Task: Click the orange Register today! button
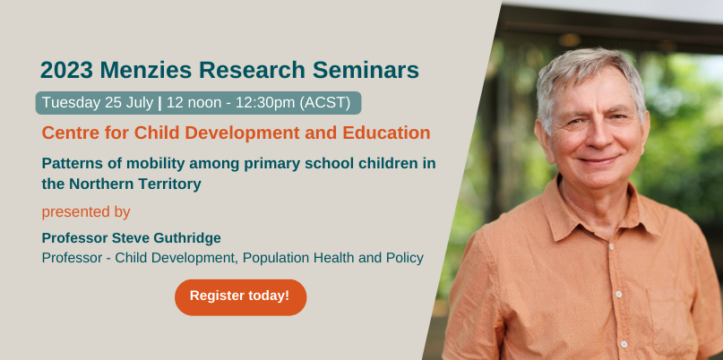(x=240, y=297)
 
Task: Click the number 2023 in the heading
(x=67, y=70)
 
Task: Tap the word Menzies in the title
(x=147, y=70)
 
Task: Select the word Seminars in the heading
(x=366, y=70)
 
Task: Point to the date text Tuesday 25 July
(x=98, y=103)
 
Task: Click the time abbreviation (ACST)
(x=325, y=103)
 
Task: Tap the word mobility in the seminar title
(x=151, y=164)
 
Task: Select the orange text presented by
(x=86, y=212)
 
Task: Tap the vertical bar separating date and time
(x=159, y=103)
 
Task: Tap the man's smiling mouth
(x=599, y=161)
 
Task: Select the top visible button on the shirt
(x=612, y=247)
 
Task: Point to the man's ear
(x=541, y=138)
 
